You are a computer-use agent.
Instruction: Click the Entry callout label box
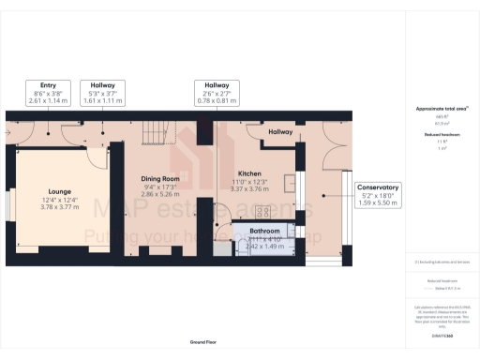pos(48,90)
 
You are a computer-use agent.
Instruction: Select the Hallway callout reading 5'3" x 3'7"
pos(97,90)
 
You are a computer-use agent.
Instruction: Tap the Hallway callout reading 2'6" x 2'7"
pos(217,90)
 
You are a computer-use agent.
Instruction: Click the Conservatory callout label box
pos(378,194)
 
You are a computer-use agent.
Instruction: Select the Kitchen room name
pos(248,173)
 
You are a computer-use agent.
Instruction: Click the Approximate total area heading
pos(441,109)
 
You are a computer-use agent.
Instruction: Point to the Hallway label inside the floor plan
pos(280,133)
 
